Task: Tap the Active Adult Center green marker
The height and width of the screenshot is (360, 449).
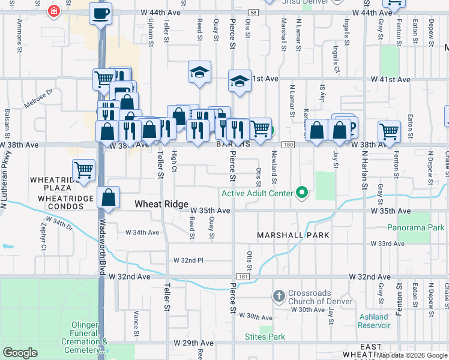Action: pos(303,193)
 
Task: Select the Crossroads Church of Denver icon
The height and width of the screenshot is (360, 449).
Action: pos(279,296)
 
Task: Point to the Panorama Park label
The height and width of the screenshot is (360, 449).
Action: pos(415,228)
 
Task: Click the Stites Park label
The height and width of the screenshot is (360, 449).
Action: pos(265,337)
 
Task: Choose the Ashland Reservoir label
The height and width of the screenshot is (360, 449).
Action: pos(374,321)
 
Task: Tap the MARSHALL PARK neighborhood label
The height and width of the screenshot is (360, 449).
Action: pos(294,235)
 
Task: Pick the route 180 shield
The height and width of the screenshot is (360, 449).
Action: pos(288,145)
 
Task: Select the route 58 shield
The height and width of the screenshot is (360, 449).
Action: pos(254,12)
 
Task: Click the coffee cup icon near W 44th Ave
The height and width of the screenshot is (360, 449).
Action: pos(100,13)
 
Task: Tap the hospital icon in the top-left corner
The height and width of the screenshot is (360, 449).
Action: pos(54,11)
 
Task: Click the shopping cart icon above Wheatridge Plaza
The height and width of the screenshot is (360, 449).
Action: pos(83,170)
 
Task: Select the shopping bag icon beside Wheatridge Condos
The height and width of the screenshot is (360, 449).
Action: pos(108,198)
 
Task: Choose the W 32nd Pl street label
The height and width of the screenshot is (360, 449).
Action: pos(188,260)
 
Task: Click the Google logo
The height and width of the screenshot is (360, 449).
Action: pos(20,353)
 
